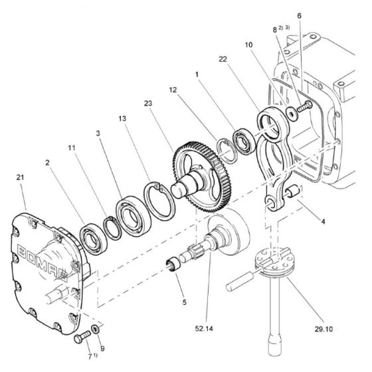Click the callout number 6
pyautogui.click(x=299, y=15)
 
